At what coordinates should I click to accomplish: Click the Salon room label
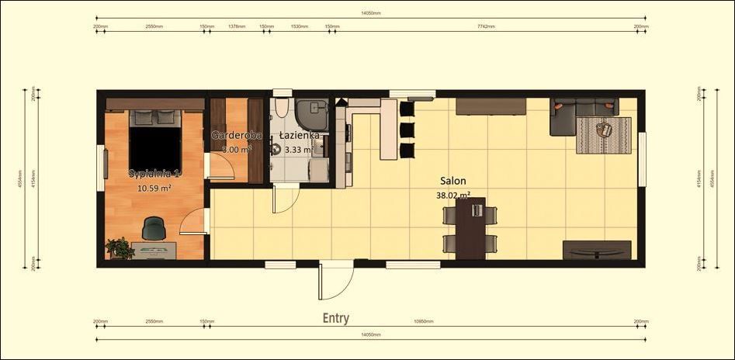(453, 181)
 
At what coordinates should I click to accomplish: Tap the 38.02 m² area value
(453, 196)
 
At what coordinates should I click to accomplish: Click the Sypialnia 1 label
(154, 173)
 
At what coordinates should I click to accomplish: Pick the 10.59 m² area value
(154, 188)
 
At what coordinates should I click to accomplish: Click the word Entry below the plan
(336, 318)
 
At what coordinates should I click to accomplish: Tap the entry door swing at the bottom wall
(335, 282)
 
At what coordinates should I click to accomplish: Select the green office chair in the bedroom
(154, 228)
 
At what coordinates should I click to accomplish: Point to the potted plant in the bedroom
(120, 248)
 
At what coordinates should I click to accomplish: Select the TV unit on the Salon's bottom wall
(596, 250)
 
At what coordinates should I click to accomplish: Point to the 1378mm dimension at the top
(237, 26)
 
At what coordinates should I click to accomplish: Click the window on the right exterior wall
(642, 148)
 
